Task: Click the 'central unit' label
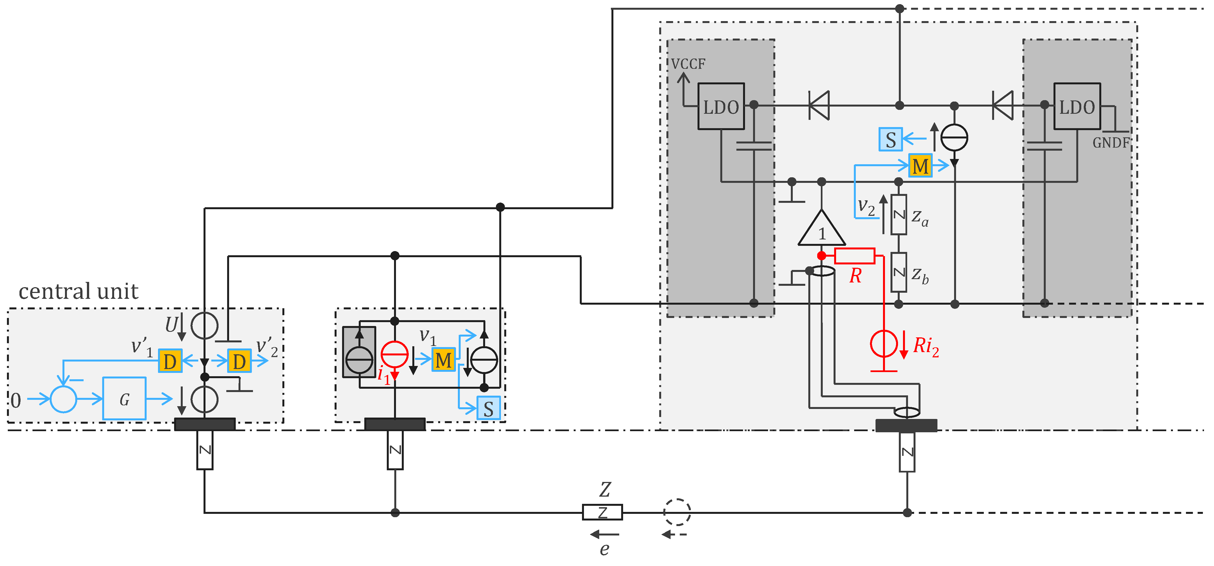point(78,292)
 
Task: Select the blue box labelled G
point(124,399)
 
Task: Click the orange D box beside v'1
point(170,361)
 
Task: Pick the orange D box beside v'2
point(239,361)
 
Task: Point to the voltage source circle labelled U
point(205,325)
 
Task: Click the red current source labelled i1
point(395,354)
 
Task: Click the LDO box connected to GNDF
point(1077,107)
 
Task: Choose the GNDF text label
point(1111,143)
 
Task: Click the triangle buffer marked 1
point(821,229)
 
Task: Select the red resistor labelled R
point(854,256)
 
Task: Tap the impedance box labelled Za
point(899,215)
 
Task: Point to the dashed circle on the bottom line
point(677,512)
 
